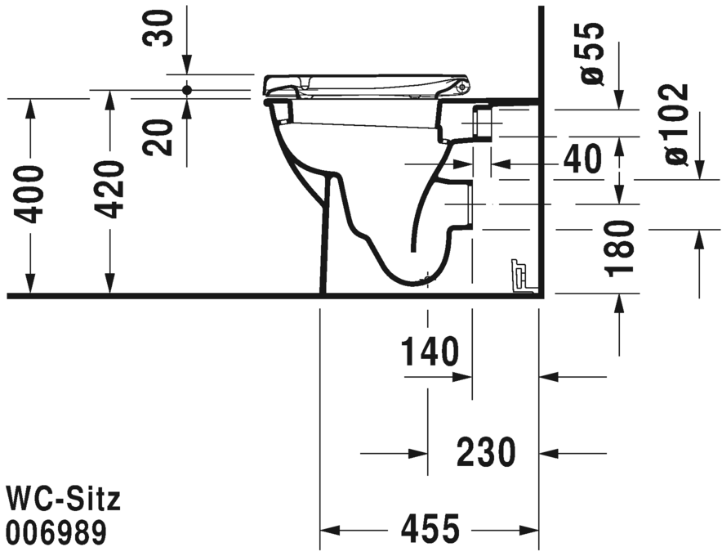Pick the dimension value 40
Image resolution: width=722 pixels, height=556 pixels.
click(582, 160)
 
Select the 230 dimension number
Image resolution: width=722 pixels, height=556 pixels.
click(485, 452)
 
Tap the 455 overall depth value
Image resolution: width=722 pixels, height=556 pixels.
click(430, 531)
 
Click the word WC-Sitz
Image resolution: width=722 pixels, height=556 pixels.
click(64, 498)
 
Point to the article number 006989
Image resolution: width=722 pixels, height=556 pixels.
click(56, 533)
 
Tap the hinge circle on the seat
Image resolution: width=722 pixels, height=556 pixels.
click(463, 85)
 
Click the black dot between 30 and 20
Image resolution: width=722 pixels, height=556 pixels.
click(187, 89)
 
